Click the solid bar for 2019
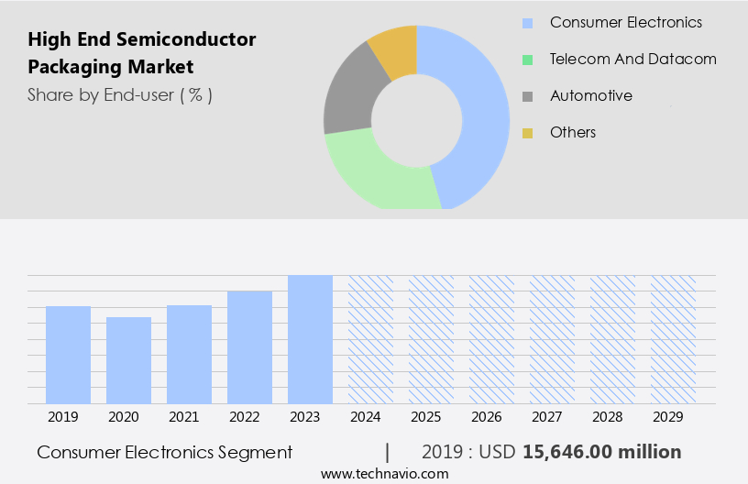[69, 355]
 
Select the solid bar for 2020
[129, 360]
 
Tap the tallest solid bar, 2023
[310, 339]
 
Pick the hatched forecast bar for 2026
[491, 339]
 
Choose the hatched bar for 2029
[673, 339]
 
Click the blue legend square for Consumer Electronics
[527, 23]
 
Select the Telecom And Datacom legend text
[632, 59]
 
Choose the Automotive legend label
[590, 95]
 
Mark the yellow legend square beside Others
[527, 133]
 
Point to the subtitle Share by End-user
[101, 94]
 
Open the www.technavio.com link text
[384, 474]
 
